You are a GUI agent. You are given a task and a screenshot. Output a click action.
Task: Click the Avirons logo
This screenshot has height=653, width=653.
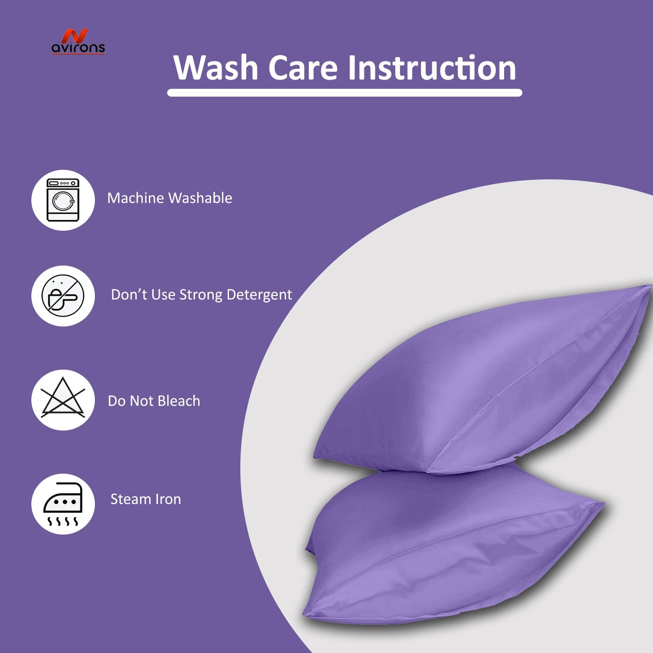click(x=78, y=42)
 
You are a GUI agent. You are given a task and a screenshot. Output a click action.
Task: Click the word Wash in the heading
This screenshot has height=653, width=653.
click(x=216, y=68)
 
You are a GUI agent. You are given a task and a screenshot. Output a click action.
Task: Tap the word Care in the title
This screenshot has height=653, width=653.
click(x=303, y=68)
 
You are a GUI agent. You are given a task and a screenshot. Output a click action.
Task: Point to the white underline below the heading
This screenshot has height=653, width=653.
click(x=344, y=93)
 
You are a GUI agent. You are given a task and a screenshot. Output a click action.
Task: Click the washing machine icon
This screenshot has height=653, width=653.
click(x=63, y=200)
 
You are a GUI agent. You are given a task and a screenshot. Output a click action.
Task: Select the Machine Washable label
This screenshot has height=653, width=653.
click(x=170, y=199)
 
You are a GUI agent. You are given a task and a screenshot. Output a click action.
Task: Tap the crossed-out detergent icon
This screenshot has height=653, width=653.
click(x=63, y=296)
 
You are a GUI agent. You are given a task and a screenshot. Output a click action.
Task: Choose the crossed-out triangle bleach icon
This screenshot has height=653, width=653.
click(x=63, y=397)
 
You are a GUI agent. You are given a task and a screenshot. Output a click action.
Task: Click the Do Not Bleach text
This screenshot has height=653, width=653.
click(x=154, y=401)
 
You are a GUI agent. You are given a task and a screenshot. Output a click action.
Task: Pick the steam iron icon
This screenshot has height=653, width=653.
click(x=63, y=504)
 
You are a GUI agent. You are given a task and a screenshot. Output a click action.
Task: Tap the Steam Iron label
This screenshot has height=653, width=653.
click(x=146, y=499)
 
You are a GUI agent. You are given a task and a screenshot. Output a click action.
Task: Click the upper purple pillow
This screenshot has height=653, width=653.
click(x=483, y=379)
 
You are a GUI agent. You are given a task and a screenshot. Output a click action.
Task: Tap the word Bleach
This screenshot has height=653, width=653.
click(x=179, y=401)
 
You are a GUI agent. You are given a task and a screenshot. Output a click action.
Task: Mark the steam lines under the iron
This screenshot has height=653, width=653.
click(x=63, y=521)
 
